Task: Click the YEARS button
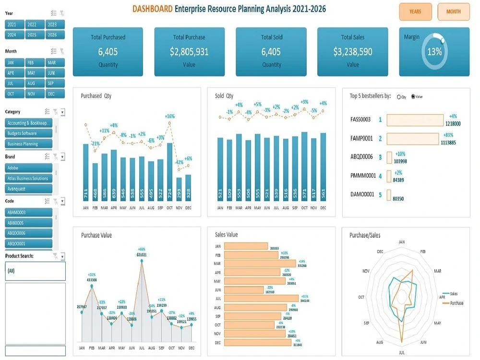pos(415,12)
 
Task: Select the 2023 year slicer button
pos(52,24)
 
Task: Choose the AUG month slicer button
pos(32,84)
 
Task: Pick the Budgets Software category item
pos(28,133)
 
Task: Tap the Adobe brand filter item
pos(28,168)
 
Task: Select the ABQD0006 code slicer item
pos(28,233)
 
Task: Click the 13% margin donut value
pos(434,52)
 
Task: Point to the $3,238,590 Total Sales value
pos(352,52)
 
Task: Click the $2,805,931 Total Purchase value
pos(189,52)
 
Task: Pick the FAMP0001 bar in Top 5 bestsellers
pos(413,139)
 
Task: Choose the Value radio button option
pos(413,96)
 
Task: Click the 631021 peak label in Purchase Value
pos(142,255)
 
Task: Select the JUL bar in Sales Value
pos(261,298)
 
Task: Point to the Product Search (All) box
pos(35,271)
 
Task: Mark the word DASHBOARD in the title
pos(152,9)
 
